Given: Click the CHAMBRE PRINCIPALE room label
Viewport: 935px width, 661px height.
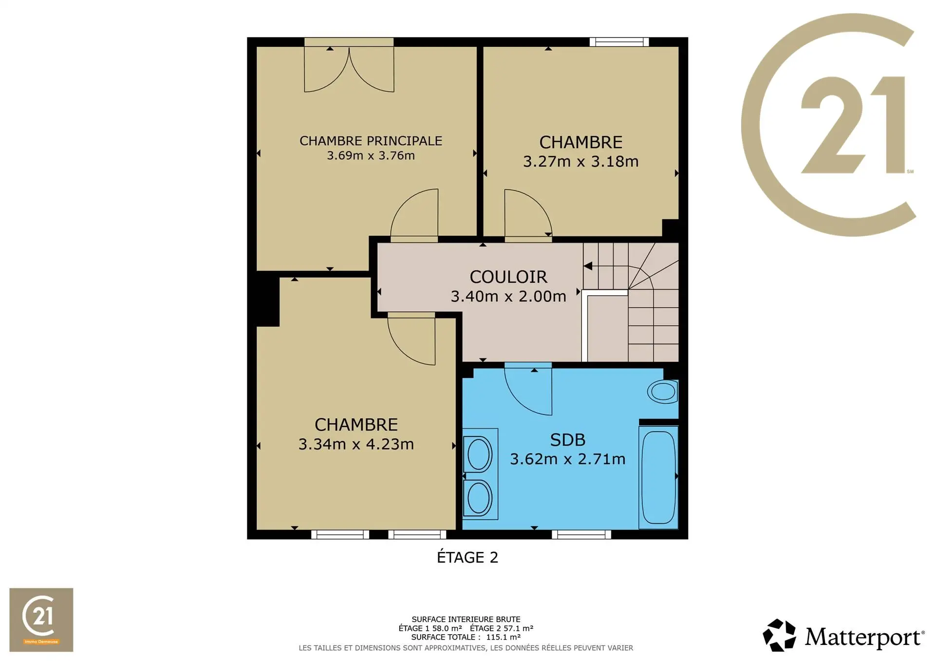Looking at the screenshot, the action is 371,141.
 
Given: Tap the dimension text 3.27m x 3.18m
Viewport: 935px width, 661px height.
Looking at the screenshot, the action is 580,161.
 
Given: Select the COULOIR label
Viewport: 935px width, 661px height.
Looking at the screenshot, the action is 508,277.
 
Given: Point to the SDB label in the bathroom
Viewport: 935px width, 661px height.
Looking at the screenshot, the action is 567,440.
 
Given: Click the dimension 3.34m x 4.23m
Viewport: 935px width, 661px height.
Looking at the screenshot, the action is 356,444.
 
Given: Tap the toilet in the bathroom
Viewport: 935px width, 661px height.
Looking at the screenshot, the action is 663,392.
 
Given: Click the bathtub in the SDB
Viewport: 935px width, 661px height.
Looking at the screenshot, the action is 658,477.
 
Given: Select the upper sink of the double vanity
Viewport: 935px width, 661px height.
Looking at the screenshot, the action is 479,454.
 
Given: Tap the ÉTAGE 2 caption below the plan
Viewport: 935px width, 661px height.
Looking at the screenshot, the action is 467,557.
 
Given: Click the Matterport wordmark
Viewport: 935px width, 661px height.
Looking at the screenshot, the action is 864,638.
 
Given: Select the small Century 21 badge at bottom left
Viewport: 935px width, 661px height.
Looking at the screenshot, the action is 41,620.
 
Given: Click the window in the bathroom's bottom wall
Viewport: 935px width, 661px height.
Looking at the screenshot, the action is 581,535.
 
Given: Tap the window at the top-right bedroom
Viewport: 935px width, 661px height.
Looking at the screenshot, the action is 619,42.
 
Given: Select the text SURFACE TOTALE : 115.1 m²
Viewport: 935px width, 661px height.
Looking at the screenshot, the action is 466,637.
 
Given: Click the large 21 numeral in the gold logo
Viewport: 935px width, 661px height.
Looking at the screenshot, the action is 853,125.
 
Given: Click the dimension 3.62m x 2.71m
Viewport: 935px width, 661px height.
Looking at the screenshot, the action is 567,459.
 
